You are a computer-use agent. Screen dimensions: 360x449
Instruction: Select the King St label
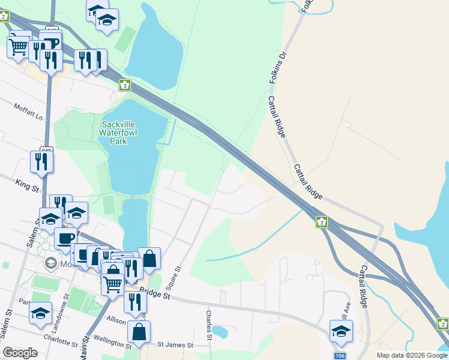[x=26, y=184]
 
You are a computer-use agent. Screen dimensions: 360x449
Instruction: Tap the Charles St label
[x=209, y=322]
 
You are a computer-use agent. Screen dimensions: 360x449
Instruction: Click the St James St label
[x=175, y=346]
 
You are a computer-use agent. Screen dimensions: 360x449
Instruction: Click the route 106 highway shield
[x=340, y=356]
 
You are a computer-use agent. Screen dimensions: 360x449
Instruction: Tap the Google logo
[x=20, y=353]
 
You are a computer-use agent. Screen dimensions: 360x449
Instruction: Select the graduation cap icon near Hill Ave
[x=341, y=331]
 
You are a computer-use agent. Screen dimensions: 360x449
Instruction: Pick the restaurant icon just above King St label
[x=41, y=162]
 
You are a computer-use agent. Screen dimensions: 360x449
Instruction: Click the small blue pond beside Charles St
[x=220, y=331]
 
